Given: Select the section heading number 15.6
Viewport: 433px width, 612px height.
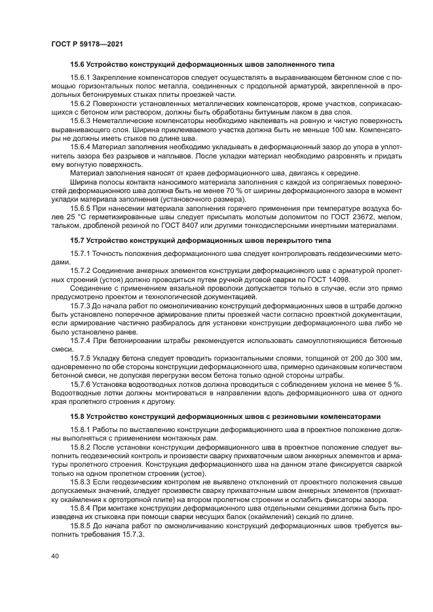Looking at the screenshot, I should tap(77, 65).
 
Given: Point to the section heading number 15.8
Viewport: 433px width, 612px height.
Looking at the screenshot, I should tap(77, 416).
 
